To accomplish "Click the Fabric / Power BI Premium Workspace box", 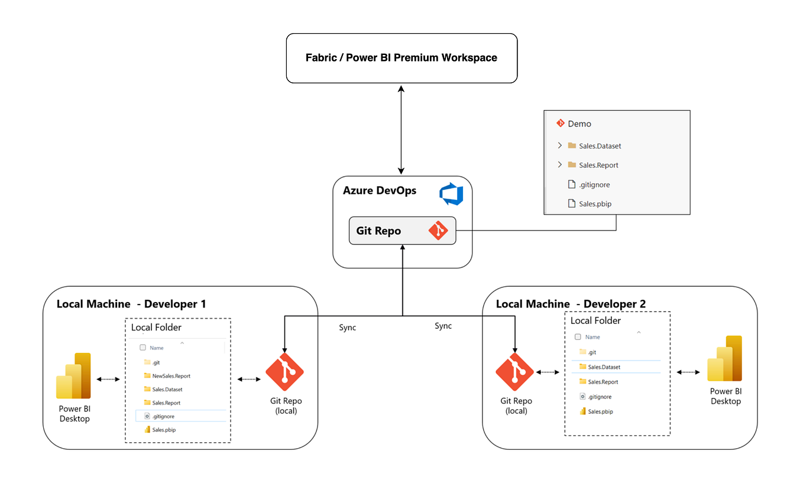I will [401, 58].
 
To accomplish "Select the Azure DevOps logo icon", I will [451, 195].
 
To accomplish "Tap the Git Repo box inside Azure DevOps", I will [402, 231].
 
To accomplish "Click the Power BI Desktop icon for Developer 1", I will [74, 377].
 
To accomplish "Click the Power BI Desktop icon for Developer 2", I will [726, 359].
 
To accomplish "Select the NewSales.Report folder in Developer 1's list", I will [171, 376].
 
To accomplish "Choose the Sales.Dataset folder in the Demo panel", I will [600, 146].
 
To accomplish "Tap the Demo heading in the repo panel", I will [579, 124].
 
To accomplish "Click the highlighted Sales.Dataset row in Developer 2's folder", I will [604, 367].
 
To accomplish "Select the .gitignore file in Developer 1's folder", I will [163, 416].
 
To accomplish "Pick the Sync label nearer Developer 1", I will [348, 328].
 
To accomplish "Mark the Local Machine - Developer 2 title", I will [571, 304].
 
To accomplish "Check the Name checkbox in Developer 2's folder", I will [578, 337].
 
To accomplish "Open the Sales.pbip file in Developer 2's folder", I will [600, 411].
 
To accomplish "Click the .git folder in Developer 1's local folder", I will [156, 362].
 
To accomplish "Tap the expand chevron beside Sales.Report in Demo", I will [559, 165].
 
